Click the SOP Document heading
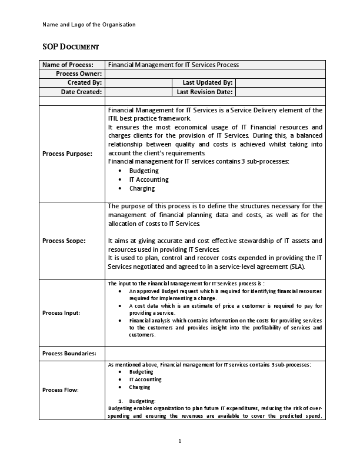[x=71, y=46]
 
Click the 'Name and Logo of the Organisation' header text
[x=89, y=25]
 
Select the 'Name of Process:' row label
[x=68, y=65]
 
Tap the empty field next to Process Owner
[x=215, y=74]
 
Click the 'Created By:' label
[x=85, y=83]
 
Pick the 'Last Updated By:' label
[x=208, y=83]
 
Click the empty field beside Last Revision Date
[x=280, y=92]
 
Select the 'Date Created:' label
[x=81, y=92]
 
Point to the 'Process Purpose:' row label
[x=68, y=154]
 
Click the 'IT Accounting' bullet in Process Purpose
[x=148, y=179]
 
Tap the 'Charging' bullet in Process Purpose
[x=142, y=188]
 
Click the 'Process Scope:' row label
[x=64, y=241]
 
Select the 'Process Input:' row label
[x=62, y=313]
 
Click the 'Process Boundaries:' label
[x=70, y=354]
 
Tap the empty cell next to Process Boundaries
[x=215, y=354]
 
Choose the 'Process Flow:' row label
[x=61, y=390]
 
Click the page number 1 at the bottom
[x=180, y=441]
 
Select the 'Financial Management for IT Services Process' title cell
[x=174, y=65]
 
